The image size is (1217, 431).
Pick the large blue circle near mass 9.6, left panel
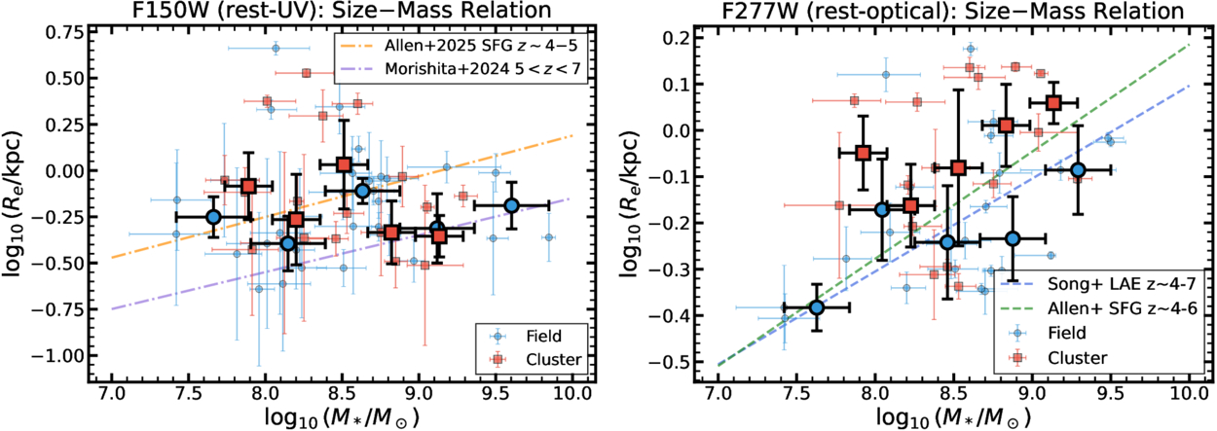click(512, 205)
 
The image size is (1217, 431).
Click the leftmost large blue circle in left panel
click(213, 216)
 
